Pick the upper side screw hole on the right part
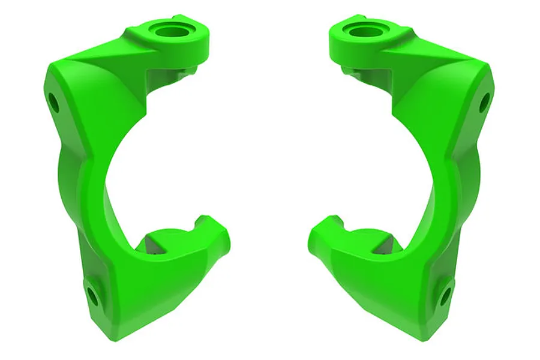(x=485, y=103)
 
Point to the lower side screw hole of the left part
(x=92, y=295)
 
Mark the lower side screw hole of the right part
(x=446, y=295)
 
